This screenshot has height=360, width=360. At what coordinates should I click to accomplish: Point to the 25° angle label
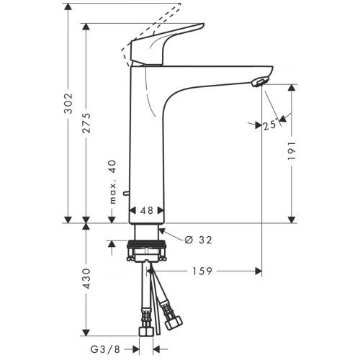(271, 125)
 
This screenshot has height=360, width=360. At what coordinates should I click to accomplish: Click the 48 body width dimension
(147, 212)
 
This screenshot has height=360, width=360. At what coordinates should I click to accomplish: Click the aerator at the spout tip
(260, 82)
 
